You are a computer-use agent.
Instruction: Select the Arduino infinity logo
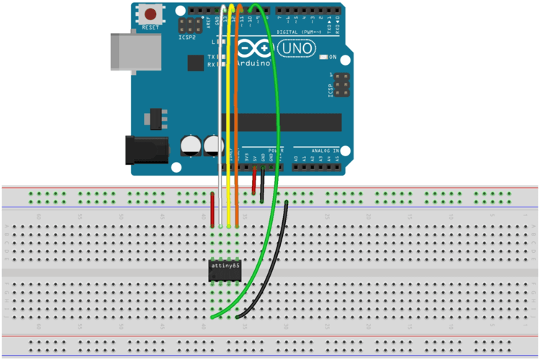(254, 48)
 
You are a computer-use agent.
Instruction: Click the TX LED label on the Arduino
(212, 56)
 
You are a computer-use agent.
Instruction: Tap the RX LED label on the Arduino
(212, 65)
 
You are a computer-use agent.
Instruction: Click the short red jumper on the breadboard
(213, 210)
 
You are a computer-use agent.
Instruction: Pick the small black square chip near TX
(195, 63)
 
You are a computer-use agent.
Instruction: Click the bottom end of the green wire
(213, 316)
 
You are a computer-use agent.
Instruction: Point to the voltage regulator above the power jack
(155, 118)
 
